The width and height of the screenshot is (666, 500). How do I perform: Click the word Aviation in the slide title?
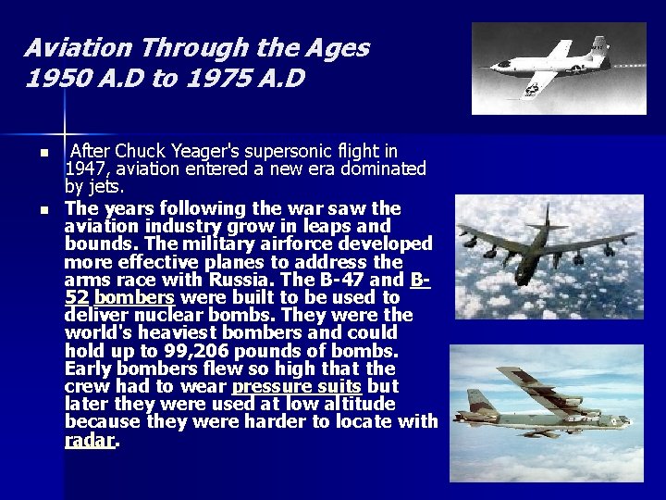pos(74,48)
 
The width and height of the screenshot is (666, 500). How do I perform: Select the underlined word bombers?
pos(134,297)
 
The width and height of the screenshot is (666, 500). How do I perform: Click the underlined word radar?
pos(90,440)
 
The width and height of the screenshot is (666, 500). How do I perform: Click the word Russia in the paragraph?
pos(242,280)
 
